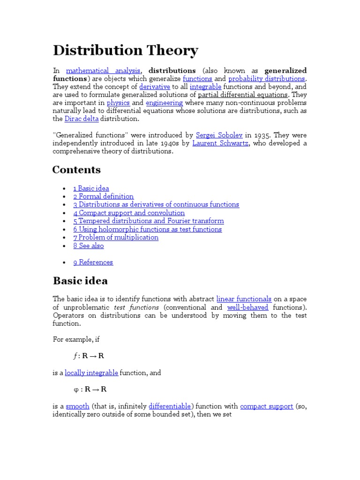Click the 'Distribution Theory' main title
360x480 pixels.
pos(125,51)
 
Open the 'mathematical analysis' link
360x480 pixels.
pos(103,71)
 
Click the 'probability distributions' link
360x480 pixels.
pos(266,79)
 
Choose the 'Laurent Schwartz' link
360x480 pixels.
pos(220,143)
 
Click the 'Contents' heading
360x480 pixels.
pos(76,170)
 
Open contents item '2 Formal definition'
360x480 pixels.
pos(103,196)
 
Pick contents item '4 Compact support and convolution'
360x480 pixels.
pos(129,213)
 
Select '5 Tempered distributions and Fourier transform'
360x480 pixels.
pos(148,221)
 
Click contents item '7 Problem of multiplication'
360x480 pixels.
pos(116,237)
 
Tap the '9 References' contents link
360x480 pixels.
pos(93,262)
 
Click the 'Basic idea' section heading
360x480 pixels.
pos(80,281)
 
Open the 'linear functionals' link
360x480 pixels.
pos(244,299)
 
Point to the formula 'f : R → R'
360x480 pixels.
pos(89,356)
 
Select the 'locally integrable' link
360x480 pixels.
pos(91,373)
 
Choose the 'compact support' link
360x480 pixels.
pos(266,406)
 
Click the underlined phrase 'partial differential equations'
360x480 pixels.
pos(243,95)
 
